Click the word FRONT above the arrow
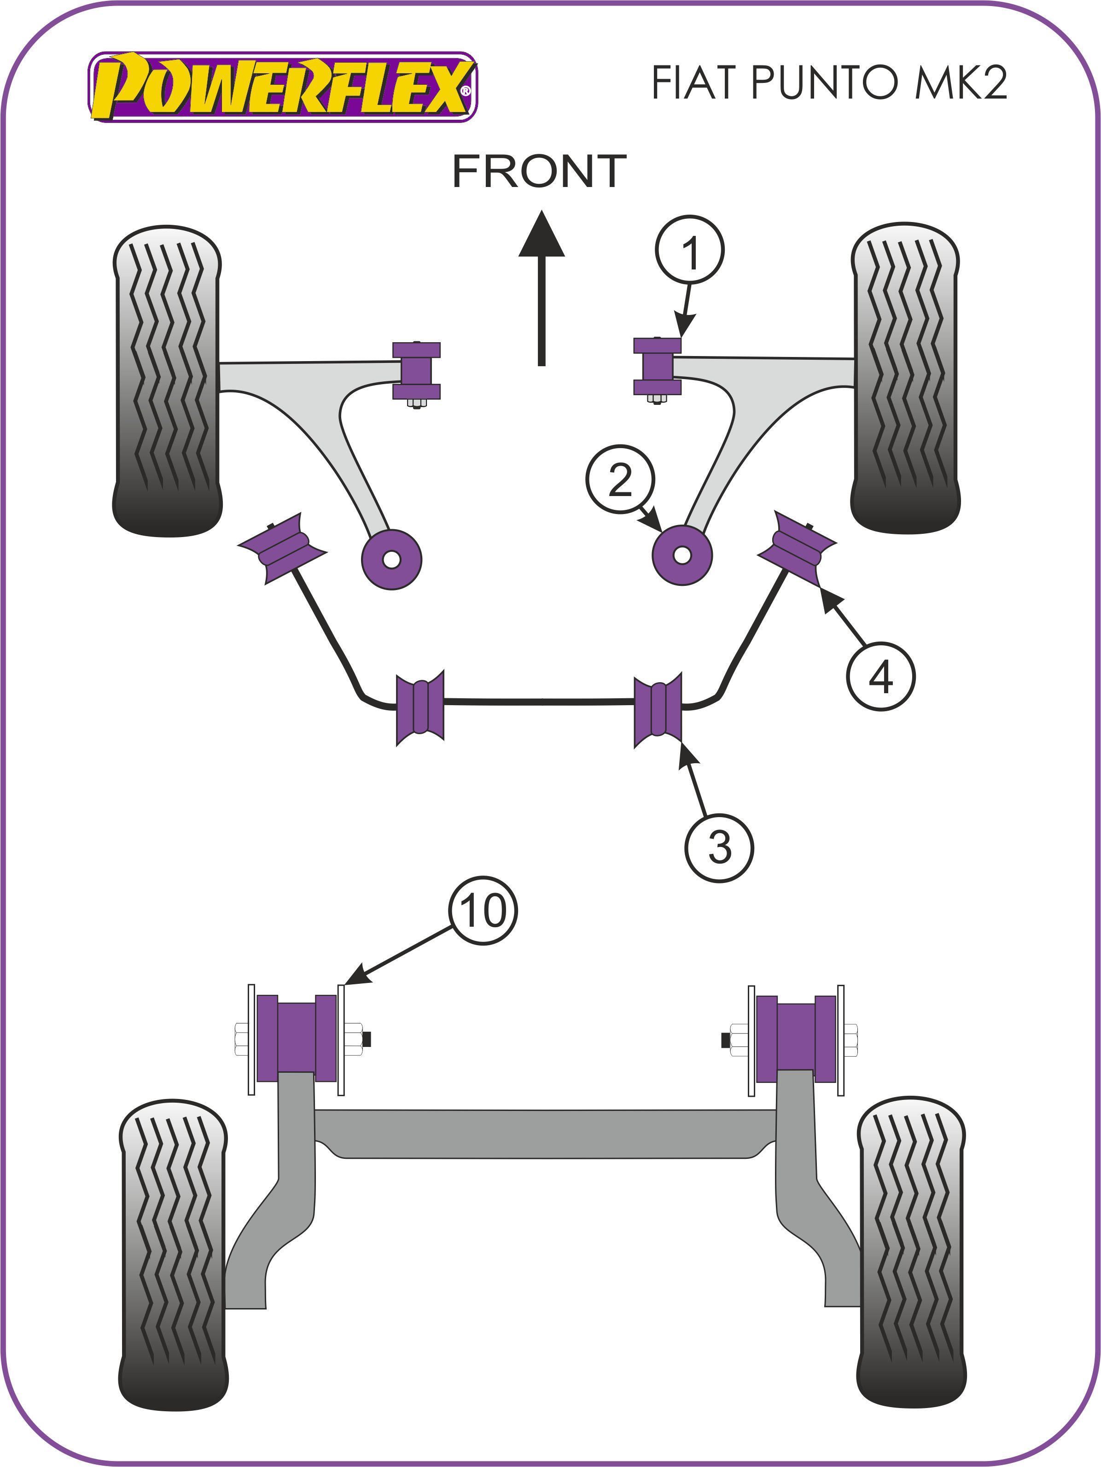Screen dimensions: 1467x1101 tap(539, 171)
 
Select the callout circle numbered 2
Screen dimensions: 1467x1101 tap(620, 479)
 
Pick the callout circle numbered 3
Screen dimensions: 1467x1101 tap(719, 848)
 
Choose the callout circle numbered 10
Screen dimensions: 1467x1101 tap(483, 911)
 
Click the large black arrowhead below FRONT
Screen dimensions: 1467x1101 tap(542, 236)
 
